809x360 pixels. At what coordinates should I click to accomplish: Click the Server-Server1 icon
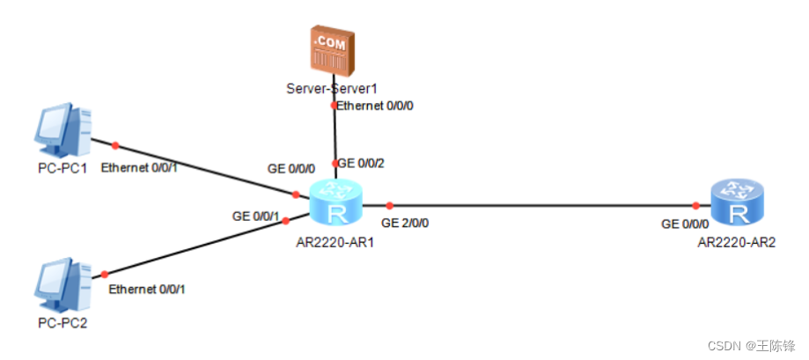point(334,51)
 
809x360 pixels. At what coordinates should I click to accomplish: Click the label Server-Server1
point(332,89)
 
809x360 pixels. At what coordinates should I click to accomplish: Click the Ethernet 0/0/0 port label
point(375,106)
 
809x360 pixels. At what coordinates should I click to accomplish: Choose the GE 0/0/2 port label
point(362,163)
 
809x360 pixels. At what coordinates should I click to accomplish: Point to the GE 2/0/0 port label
point(405,223)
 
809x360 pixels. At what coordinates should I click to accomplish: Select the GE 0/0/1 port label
point(256,215)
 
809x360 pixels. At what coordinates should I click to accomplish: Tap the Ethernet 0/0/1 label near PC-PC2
point(147,289)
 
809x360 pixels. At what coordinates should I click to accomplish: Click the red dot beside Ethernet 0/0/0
point(334,106)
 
